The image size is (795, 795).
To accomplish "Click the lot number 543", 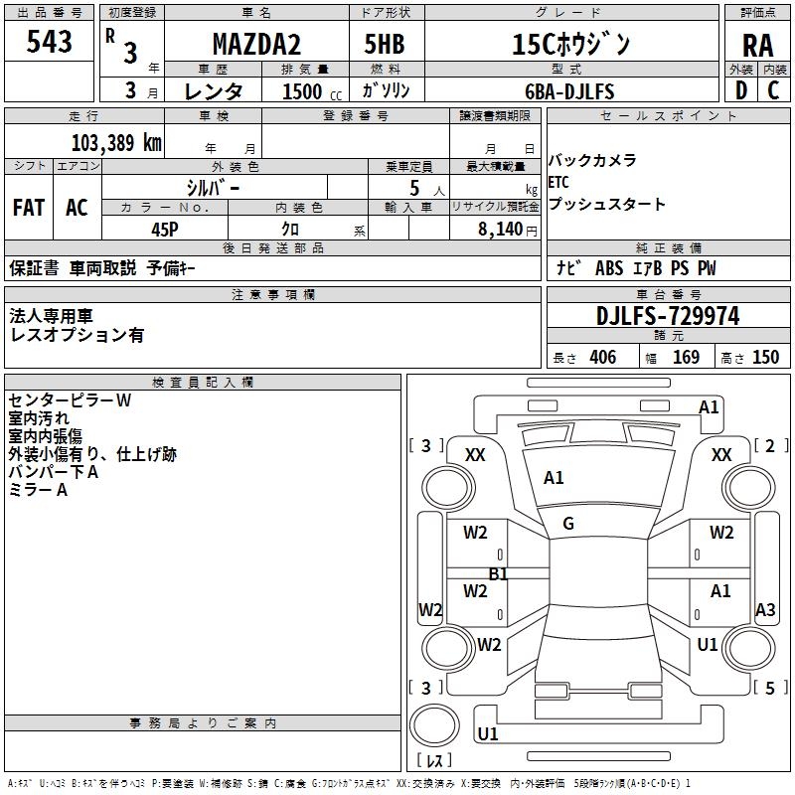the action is [50, 42].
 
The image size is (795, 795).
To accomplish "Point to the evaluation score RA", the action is [757, 46].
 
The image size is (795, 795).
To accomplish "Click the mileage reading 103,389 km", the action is [116, 142].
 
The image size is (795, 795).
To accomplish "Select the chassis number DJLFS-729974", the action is [668, 316].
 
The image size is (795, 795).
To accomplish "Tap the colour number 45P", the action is [165, 228].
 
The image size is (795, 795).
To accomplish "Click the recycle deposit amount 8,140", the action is [496, 229].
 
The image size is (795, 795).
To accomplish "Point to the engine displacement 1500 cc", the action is [309, 91].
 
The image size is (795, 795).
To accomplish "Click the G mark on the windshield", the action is [568, 524].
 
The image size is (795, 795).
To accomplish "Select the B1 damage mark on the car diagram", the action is [498, 573].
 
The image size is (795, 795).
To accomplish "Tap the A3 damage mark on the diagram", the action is [765, 609].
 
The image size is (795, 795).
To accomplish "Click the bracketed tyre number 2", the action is [769, 446].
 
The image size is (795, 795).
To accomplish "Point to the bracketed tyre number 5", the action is [769, 687].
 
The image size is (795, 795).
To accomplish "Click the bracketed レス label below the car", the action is [434, 760].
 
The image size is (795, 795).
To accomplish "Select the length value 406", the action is [601, 358].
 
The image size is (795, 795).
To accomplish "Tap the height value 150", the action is [765, 358].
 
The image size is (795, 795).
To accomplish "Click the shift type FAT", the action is [29, 208].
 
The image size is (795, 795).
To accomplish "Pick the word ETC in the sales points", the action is [559, 183].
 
